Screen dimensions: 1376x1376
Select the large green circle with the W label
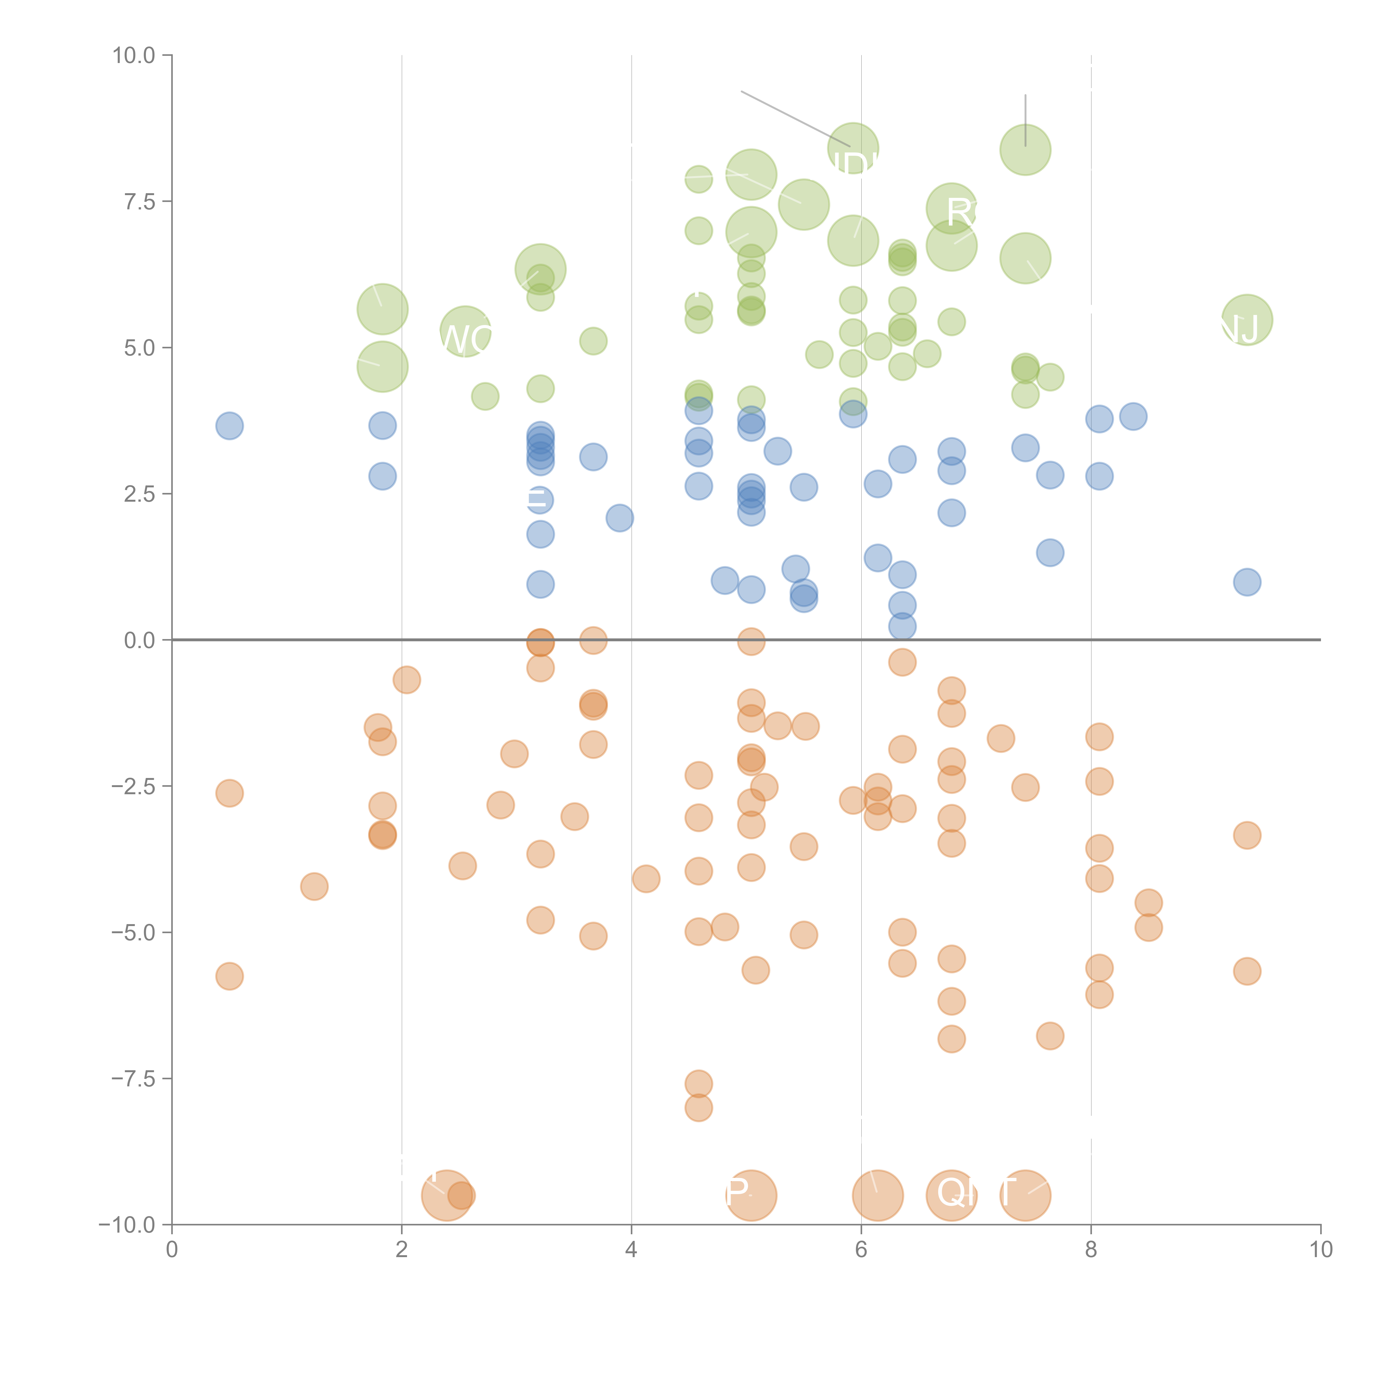click(x=465, y=332)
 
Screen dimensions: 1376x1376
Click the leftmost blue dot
click(x=229, y=426)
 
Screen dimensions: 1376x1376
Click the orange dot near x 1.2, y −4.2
click(x=314, y=887)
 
